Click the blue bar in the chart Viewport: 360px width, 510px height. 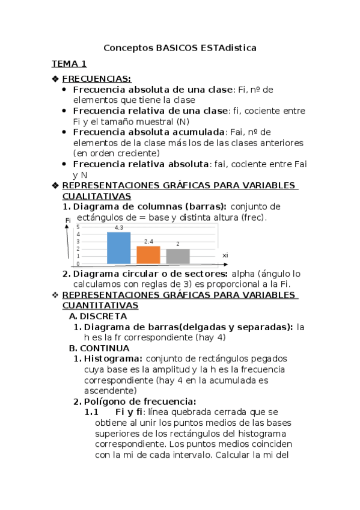coord(118,248)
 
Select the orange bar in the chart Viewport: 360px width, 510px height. coord(148,255)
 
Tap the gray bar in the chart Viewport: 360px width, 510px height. coord(178,256)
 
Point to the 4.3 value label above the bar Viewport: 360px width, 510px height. coord(118,228)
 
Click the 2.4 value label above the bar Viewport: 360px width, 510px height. coord(148,242)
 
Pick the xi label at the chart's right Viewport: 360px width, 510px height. coord(225,256)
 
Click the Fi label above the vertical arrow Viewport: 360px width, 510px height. coord(68,221)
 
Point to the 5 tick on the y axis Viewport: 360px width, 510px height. coord(78,227)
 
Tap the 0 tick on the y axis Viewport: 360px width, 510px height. coord(78,263)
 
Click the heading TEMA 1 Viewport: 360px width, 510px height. coord(69,63)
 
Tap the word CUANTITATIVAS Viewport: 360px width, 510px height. coord(100,306)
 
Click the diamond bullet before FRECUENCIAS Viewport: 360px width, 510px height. coord(55,79)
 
